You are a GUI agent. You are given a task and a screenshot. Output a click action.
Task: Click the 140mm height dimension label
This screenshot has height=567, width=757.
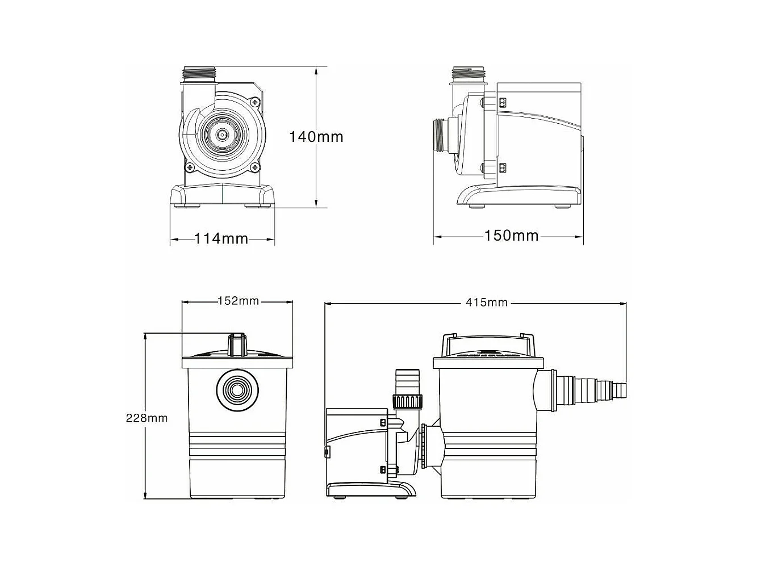(x=316, y=137)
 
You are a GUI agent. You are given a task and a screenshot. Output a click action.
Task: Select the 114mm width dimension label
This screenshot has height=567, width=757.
(x=221, y=238)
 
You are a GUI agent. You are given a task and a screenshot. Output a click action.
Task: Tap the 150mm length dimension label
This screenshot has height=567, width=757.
(x=511, y=235)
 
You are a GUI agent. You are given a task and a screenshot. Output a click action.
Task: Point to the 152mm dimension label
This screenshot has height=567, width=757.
(x=238, y=301)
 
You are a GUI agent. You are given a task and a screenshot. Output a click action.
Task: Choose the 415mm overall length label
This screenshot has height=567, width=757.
(x=487, y=303)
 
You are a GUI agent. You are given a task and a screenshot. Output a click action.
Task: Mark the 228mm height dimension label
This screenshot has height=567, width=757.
(x=147, y=418)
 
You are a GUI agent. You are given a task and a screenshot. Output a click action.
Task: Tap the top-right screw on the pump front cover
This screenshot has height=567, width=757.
(x=255, y=102)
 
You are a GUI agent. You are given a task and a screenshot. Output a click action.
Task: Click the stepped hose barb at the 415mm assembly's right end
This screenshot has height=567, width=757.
(x=591, y=389)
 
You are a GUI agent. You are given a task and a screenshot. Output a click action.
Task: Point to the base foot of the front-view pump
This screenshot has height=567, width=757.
(x=222, y=196)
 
